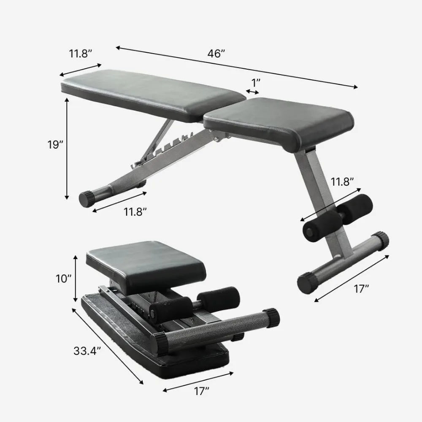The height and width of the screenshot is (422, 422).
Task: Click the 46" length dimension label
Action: (x=216, y=54)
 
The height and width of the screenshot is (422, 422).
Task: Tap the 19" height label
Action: (x=55, y=144)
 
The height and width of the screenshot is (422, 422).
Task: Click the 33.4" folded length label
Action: (x=87, y=350)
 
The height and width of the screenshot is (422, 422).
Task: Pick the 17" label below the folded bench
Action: (x=201, y=392)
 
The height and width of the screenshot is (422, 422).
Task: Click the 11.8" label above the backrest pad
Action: (x=81, y=54)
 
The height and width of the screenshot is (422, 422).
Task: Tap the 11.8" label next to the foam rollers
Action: (x=342, y=182)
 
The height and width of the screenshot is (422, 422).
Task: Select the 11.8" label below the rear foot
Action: (x=135, y=212)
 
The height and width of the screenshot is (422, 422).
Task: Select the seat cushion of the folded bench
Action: (x=146, y=257)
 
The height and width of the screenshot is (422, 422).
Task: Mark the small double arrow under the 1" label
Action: (x=253, y=91)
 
